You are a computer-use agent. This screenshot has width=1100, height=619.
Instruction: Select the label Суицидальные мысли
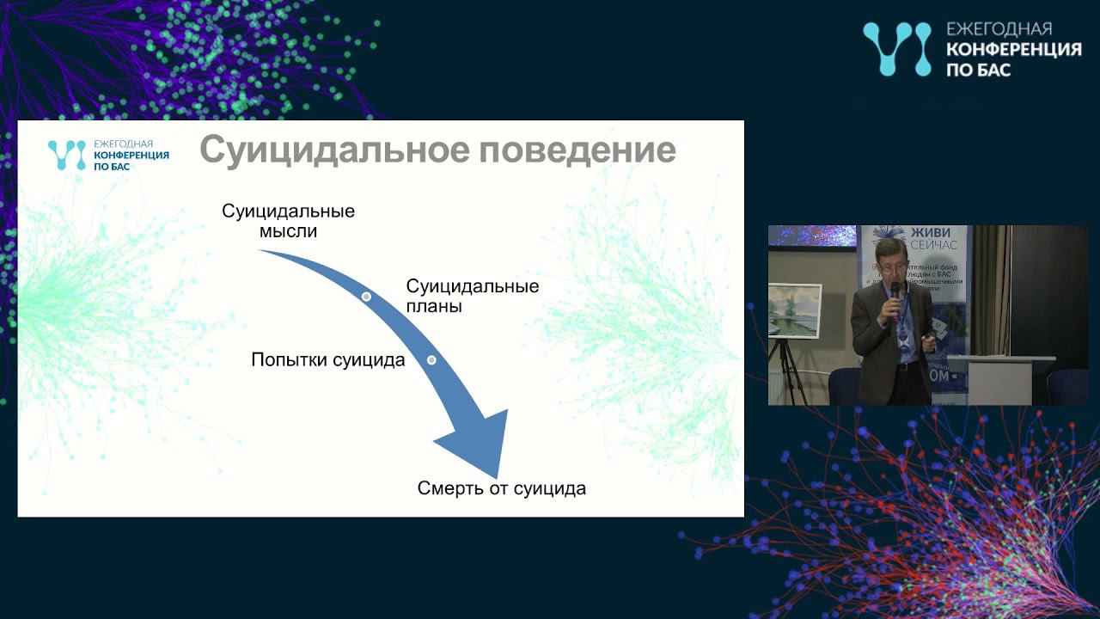coord(288,221)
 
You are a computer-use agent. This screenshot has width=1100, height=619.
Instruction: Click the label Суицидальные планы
coord(472,296)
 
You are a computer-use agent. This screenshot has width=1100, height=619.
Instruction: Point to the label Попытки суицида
coord(327,360)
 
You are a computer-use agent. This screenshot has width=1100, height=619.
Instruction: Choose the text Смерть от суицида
coord(501,488)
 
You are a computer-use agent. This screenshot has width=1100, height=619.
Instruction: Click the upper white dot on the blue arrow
coord(366,296)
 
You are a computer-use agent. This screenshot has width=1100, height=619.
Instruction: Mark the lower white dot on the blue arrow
coord(431,360)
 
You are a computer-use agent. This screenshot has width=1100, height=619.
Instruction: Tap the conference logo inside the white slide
coord(108,155)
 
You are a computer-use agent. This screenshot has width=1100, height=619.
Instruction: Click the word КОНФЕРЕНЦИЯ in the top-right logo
coord(1013,50)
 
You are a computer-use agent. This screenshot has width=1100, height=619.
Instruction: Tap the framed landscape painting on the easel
coord(791,310)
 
